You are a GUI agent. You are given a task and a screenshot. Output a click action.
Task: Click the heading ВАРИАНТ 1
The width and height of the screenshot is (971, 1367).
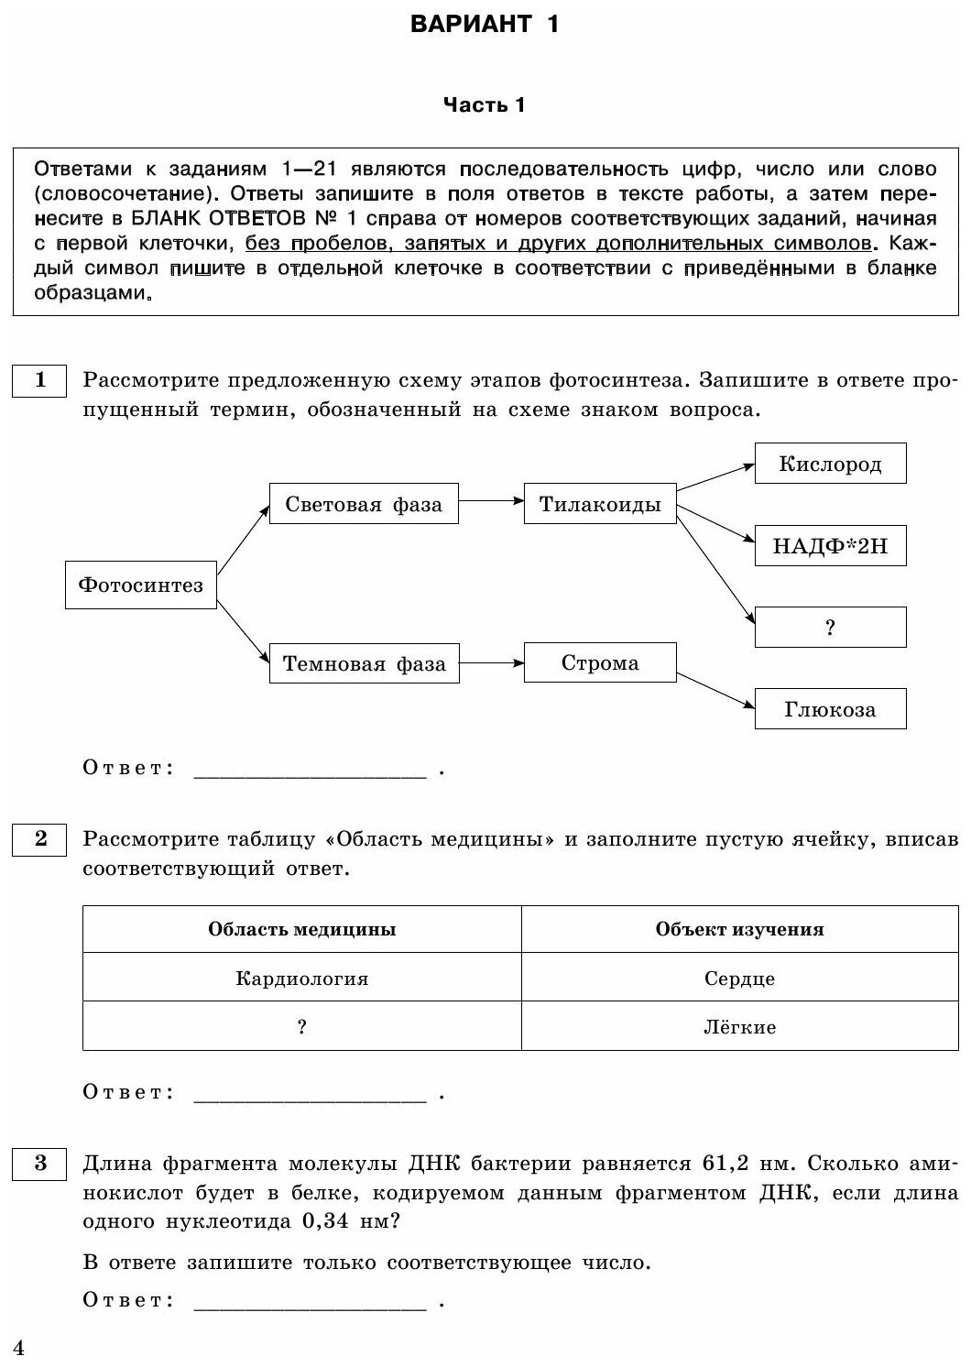pyautogui.click(x=485, y=25)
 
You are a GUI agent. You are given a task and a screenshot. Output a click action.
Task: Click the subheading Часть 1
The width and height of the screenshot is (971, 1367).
pyautogui.click(x=485, y=105)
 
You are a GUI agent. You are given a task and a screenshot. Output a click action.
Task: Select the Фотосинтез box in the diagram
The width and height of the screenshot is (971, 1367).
pyautogui.click(x=141, y=585)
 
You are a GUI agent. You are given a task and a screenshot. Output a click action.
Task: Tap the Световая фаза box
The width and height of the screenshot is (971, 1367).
pyautogui.click(x=364, y=504)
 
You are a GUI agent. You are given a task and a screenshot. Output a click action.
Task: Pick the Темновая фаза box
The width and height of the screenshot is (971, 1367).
pyautogui.click(x=364, y=663)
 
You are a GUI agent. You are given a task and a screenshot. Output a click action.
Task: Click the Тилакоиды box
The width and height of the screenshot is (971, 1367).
pyautogui.click(x=600, y=504)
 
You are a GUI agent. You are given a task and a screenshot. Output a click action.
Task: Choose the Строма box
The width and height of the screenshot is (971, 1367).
pyautogui.click(x=600, y=662)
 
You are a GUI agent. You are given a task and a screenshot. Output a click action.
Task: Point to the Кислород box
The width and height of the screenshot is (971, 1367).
pyautogui.click(x=830, y=464)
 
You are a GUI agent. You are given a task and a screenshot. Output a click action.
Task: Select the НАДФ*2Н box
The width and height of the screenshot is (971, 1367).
pyautogui.click(x=830, y=547)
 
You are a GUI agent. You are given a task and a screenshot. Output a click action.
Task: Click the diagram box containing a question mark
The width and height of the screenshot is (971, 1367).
pyautogui.click(x=830, y=628)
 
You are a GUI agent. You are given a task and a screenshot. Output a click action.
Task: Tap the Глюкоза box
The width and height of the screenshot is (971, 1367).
pyautogui.click(x=830, y=709)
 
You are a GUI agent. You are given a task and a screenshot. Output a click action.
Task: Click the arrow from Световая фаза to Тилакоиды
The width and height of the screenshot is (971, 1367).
pyautogui.click(x=491, y=501)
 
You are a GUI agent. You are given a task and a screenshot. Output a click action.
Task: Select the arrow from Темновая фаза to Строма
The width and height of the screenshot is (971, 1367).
pyautogui.click(x=491, y=662)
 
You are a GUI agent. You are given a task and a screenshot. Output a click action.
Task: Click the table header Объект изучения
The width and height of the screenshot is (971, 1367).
pyautogui.click(x=739, y=930)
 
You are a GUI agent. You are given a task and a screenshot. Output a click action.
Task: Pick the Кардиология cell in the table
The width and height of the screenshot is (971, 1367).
pyautogui.click(x=301, y=979)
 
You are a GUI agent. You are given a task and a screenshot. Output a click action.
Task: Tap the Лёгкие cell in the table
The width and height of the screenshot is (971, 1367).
pyautogui.click(x=739, y=1027)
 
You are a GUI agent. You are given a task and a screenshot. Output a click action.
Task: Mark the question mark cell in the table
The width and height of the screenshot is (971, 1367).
pyautogui.click(x=301, y=1027)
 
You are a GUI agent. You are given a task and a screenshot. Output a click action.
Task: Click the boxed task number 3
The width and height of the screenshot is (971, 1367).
pyautogui.click(x=40, y=1164)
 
